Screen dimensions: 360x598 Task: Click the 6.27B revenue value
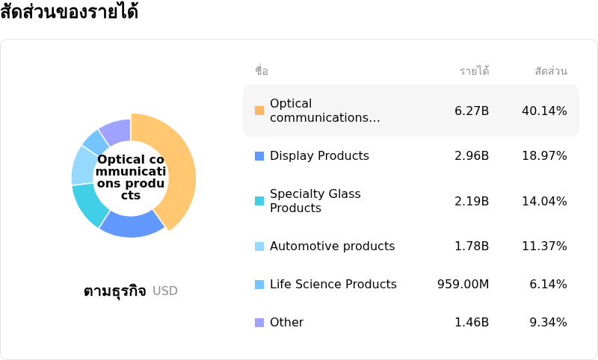471,111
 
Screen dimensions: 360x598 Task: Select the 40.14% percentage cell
544,111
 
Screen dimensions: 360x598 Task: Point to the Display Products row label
319,156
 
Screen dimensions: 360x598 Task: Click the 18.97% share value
544,156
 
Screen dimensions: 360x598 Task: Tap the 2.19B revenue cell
471,201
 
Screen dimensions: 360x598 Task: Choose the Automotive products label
332,246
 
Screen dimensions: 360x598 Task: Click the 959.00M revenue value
463,285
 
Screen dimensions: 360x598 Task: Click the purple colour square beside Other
259,323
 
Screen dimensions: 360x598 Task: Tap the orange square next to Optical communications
259,111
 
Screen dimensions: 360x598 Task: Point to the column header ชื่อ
261,71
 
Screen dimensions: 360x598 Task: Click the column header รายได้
474,71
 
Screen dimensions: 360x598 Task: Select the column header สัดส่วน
551,71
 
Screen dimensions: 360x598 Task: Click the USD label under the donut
165,291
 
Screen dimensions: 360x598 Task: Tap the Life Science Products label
333,285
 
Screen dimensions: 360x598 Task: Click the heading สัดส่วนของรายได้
69,12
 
